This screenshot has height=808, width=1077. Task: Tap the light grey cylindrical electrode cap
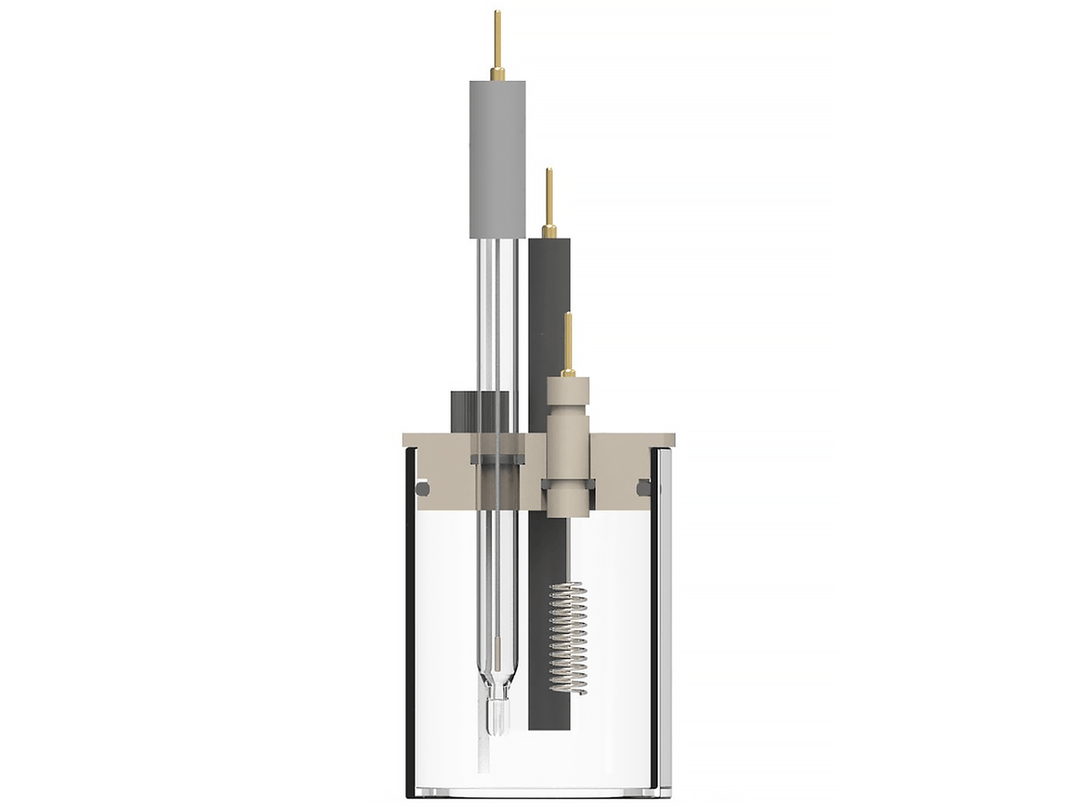coord(497,157)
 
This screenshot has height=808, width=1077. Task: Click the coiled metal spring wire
coord(567,637)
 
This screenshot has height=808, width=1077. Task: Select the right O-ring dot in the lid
coord(644,487)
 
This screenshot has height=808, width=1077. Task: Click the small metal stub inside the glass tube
coord(496,647)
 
